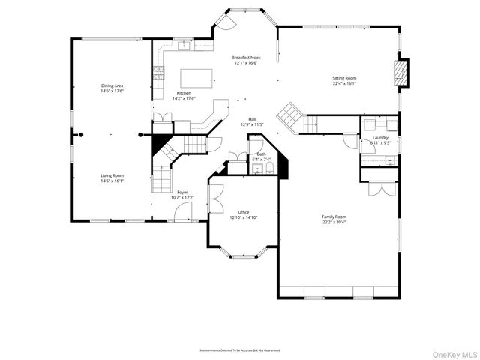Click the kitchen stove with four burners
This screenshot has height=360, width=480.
pos(159,72)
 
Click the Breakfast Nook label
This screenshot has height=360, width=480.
pos(245,58)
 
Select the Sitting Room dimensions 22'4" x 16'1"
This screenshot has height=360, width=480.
pos(344,83)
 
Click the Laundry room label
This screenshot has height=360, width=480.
pos(380,137)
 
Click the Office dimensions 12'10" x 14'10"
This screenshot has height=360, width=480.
pos(244,217)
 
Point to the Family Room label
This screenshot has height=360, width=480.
pos(334,217)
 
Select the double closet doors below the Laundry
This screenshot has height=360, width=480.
pos(379,187)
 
